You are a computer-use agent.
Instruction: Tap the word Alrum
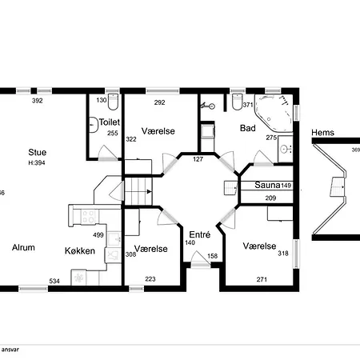click(23, 248)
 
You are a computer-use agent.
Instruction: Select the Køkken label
click(80, 251)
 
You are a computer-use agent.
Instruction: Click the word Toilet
click(109, 122)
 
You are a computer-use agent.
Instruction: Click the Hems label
click(323, 134)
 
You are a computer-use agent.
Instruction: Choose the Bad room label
click(248, 128)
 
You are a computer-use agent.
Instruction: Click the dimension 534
click(55, 281)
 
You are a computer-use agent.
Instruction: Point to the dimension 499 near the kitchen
click(98, 235)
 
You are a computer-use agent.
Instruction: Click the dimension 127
click(198, 158)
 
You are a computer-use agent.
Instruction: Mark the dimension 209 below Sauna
click(270, 198)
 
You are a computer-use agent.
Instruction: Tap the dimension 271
click(262, 280)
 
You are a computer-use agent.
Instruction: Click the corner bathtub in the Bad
click(276, 116)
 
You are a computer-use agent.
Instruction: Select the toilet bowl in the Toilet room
click(114, 104)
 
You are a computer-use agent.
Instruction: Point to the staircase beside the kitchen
click(139, 190)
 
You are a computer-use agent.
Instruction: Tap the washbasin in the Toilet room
click(94, 123)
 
